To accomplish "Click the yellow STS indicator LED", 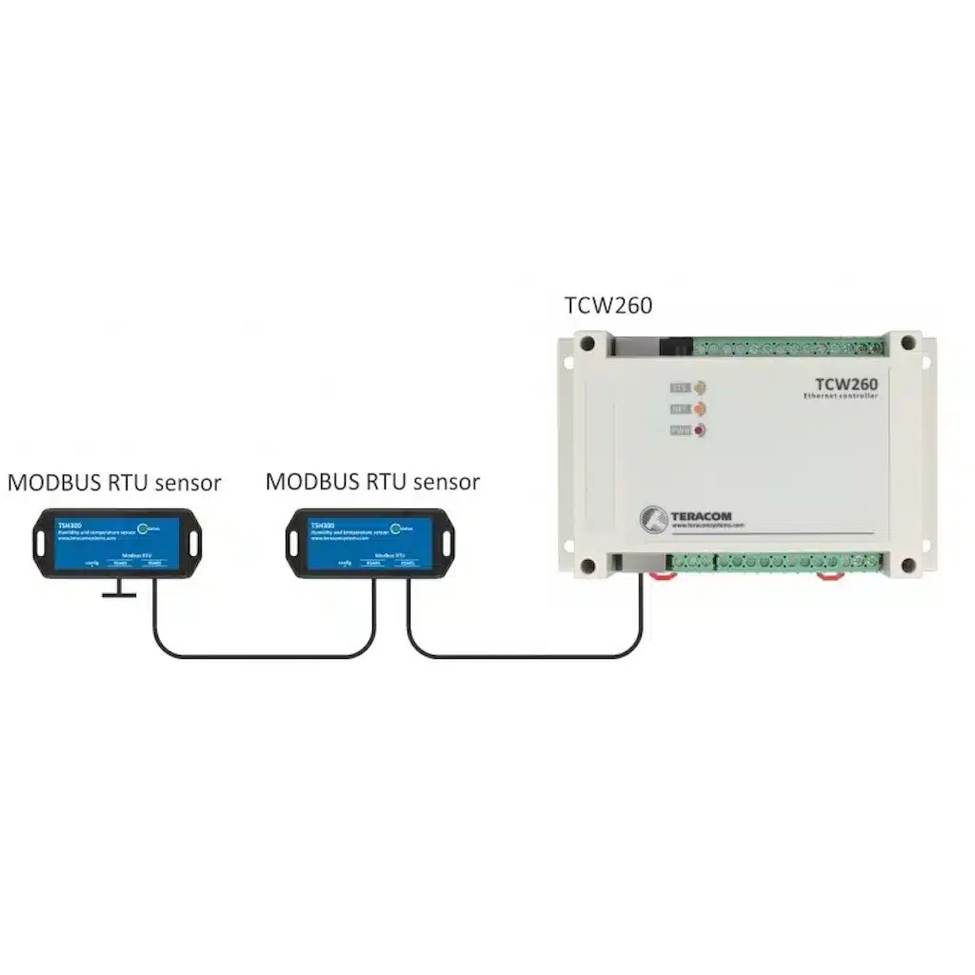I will pos(700,388).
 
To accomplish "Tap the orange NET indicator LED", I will pos(700,409).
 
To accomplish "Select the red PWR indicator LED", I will pos(700,431).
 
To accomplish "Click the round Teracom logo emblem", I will pos(654,515).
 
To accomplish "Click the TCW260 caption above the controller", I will pos(608,306).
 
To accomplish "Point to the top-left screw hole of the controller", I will pos(587,344).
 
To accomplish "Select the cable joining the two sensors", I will pos(262,655).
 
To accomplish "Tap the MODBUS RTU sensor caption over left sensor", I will pos(114,483).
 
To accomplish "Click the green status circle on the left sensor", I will pos(143,529).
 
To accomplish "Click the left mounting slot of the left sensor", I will pos(41,543).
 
